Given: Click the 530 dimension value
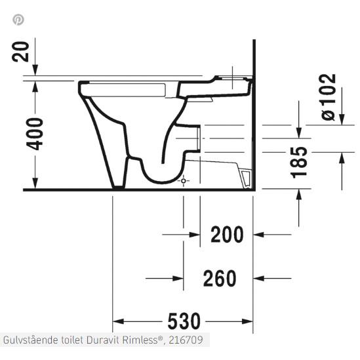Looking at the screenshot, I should [x=182, y=322].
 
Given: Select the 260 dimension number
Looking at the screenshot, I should [x=219, y=279].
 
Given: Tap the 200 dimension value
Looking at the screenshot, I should [x=226, y=233].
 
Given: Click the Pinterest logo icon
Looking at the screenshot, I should [x=18, y=19].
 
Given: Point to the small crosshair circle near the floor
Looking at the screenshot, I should [x=184, y=180].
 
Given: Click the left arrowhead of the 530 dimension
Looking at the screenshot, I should [x=119, y=322].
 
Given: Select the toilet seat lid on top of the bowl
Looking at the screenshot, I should [x=131, y=86].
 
